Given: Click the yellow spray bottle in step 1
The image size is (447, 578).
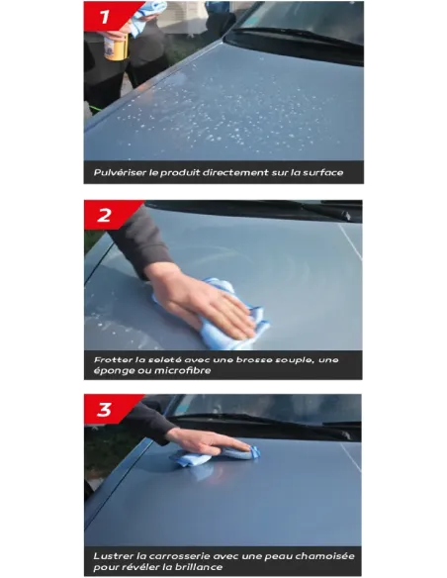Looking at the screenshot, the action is pos(117,46).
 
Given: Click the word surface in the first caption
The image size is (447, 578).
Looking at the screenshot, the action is pos(323,172).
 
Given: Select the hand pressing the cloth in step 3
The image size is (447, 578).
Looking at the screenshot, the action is pos(210,442).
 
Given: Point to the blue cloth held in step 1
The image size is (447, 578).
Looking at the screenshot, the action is pos(146,17).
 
